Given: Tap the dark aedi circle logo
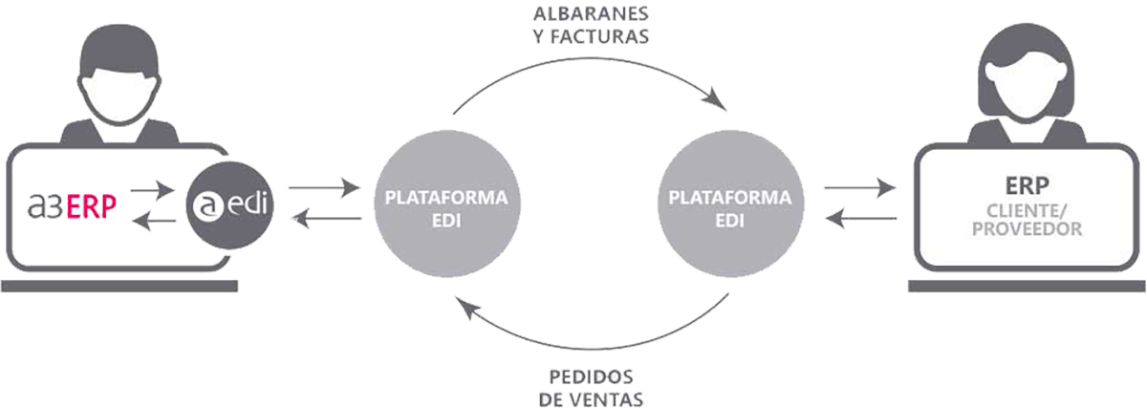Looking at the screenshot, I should click(x=228, y=205).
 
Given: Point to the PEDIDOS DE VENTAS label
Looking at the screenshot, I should click(x=590, y=383).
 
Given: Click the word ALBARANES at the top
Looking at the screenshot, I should click(x=590, y=16).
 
